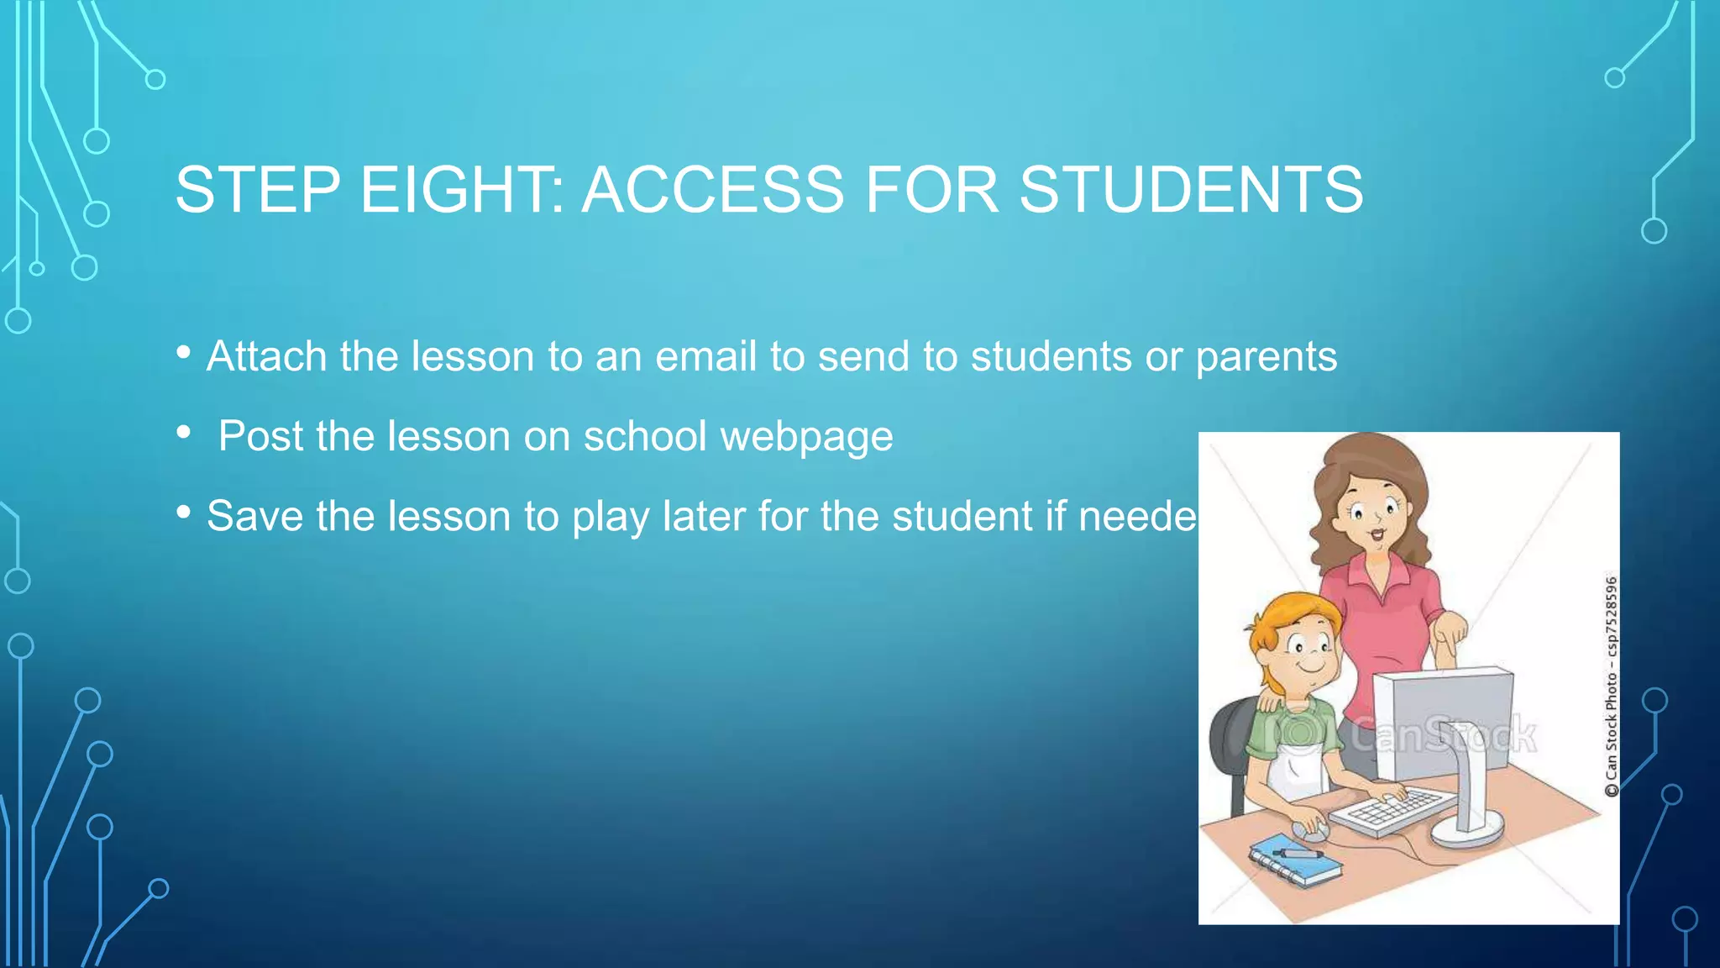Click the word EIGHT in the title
click(462, 190)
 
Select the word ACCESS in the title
click(713, 190)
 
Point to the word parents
click(1266, 358)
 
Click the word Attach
click(266, 356)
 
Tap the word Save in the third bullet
click(254, 516)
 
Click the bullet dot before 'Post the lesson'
click(184, 433)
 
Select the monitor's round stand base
click(1466, 831)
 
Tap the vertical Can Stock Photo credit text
click(1610, 686)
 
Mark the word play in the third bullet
click(610, 518)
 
